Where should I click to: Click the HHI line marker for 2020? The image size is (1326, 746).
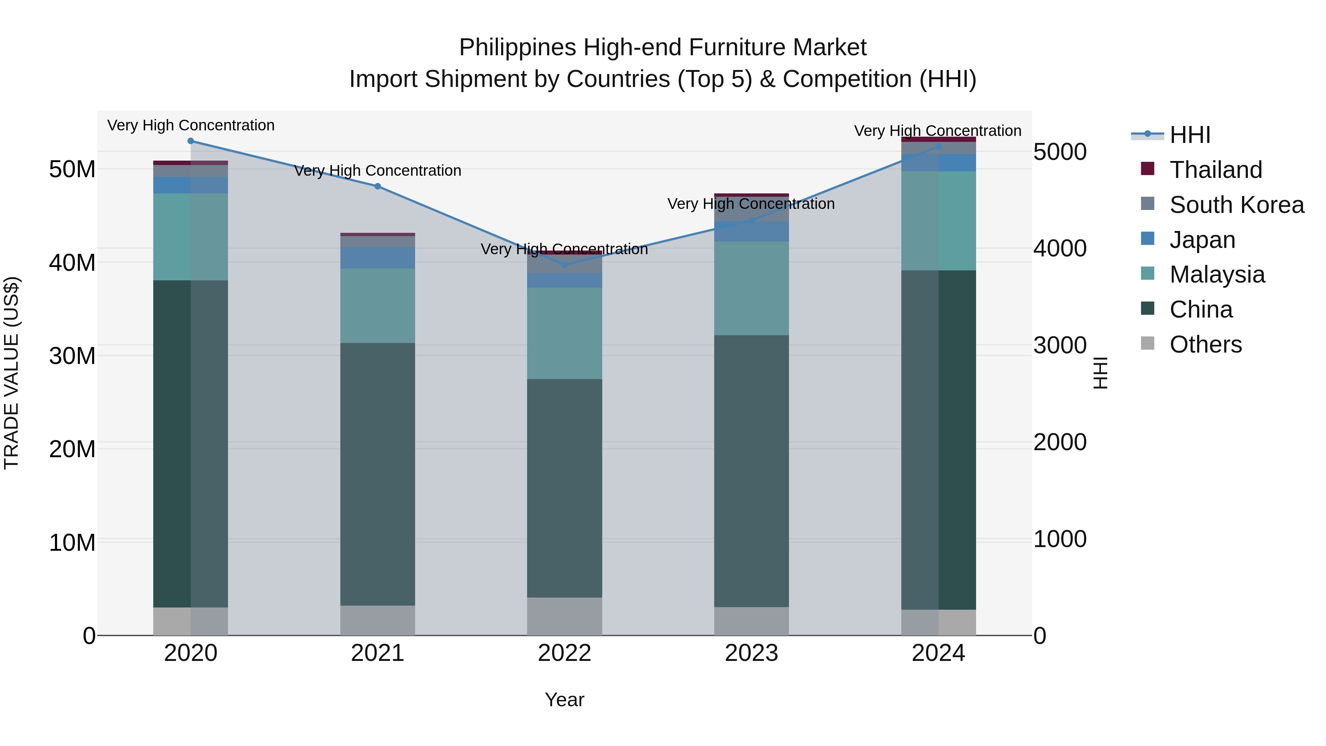(x=190, y=141)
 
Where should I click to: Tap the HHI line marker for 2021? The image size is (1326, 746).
(x=378, y=186)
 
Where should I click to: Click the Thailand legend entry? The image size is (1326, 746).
(x=1216, y=170)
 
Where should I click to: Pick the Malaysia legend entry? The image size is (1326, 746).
(x=1217, y=274)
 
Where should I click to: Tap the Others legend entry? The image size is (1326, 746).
(x=1206, y=344)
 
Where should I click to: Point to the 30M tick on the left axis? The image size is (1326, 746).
(x=72, y=356)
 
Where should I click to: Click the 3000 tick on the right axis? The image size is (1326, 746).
(x=1060, y=346)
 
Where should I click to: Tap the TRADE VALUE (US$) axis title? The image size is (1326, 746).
(x=11, y=373)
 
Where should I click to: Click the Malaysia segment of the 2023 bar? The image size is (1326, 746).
(x=751, y=288)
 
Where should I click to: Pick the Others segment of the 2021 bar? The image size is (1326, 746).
(x=378, y=620)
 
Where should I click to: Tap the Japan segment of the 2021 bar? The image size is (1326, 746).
(x=378, y=258)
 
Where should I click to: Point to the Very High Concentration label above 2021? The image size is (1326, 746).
(x=378, y=171)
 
